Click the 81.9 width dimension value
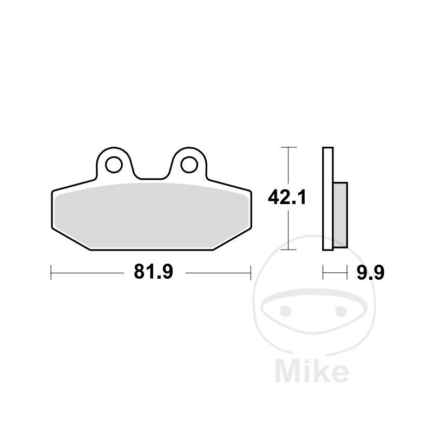point(154,272)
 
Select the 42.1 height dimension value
point(287,198)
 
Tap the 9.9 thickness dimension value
point(370,273)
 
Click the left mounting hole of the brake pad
point(114,165)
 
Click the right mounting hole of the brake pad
point(189,165)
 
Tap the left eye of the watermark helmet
point(286,311)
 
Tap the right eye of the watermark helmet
point(341,311)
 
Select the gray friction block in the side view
point(340,215)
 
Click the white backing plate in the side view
point(328,199)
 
